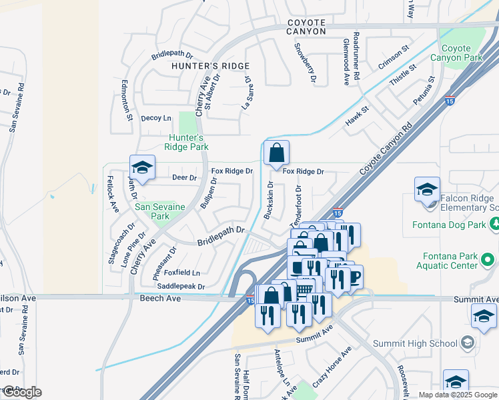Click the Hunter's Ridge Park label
point(187,142)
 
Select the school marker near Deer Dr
point(142,169)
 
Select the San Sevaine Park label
point(160,211)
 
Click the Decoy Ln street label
point(156,118)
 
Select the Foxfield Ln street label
point(182,273)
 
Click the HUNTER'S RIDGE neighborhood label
point(210,66)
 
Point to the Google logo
point(21,392)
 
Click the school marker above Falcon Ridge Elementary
point(427,189)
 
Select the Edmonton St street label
point(125,100)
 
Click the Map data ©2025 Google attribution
point(457,395)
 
